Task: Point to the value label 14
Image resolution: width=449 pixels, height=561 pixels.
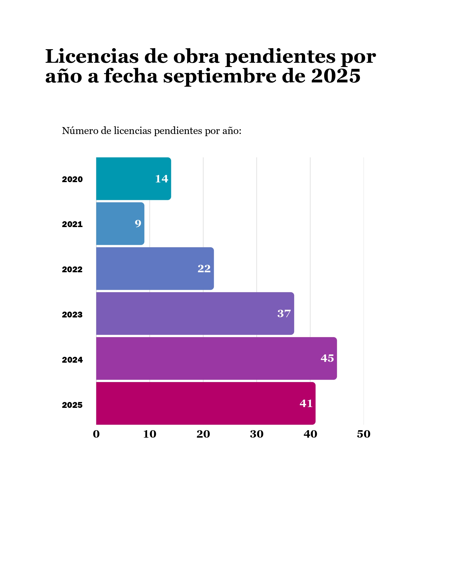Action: pyautogui.click(x=162, y=179)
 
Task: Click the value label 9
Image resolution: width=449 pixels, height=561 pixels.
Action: pyautogui.click(x=138, y=223)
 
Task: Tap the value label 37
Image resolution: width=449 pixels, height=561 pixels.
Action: pyautogui.click(x=284, y=313)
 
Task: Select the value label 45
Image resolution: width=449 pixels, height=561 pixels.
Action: pyautogui.click(x=327, y=358)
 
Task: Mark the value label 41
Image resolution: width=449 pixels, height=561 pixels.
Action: pyautogui.click(x=306, y=403)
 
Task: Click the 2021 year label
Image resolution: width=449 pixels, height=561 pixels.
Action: pyautogui.click(x=72, y=224)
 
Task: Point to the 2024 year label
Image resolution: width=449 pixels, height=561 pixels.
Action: pyautogui.click(x=72, y=360)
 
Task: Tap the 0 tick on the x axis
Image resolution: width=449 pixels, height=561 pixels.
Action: pyautogui.click(x=96, y=434)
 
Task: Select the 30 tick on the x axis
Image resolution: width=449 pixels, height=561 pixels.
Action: pyautogui.click(x=257, y=434)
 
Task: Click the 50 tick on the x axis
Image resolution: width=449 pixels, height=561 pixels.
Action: pyautogui.click(x=364, y=434)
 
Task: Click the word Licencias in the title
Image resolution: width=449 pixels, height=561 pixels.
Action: pyautogui.click(x=92, y=56)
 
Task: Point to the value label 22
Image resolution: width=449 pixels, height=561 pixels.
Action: pyautogui.click(x=204, y=269)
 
